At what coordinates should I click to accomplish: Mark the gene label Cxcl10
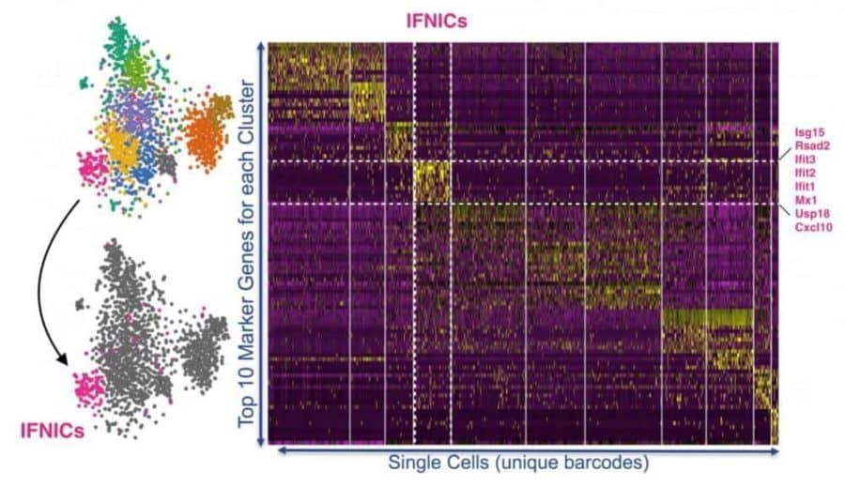click(x=812, y=228)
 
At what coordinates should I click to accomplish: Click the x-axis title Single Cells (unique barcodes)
click(x=518, y=463)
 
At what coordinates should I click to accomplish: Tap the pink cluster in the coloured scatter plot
click(x=96, y=168)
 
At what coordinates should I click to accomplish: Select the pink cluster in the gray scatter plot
click(x=90, y=387)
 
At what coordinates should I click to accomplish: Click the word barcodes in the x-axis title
click(x=604, y=463)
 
